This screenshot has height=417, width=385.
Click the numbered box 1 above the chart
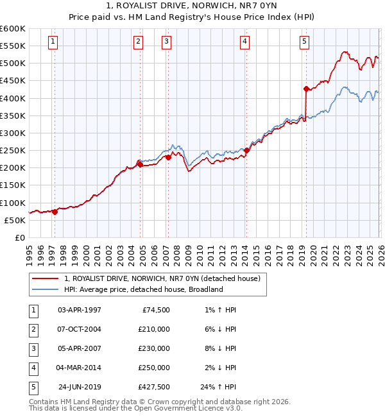point(53,42)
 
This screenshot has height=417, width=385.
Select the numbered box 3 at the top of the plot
point(166,42)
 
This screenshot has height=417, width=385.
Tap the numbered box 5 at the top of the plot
point(304,42)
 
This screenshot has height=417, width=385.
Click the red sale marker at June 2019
point(306,89)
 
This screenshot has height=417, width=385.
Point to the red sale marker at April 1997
point(55,212)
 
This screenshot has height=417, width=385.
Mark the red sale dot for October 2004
point(139,164)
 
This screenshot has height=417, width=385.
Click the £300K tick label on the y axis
point(12,133)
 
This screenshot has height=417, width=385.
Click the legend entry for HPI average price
point(142,289)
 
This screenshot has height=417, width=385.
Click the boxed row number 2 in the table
point(32,329)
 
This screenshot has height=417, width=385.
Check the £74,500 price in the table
point(156,310)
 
